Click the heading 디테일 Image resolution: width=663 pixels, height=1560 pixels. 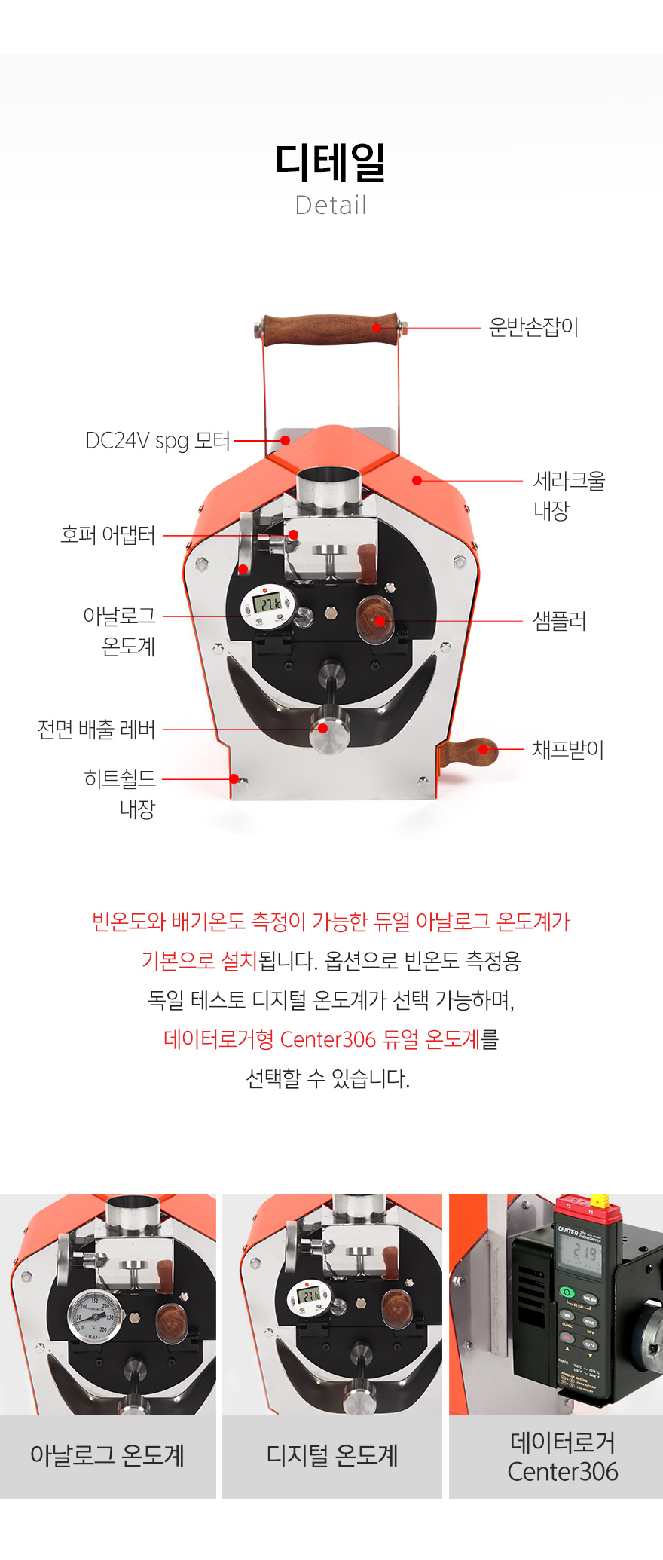click(x=331, y=162)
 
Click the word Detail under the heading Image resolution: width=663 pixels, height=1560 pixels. click(x=331, y=205)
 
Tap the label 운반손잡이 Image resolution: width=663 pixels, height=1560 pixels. click(x=533, y=327)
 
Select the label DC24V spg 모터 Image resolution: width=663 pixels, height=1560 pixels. click(x=157, y=440)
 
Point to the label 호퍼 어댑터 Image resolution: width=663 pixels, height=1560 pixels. click(x=108, y=535)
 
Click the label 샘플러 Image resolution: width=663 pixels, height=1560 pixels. click(x=559, y=621)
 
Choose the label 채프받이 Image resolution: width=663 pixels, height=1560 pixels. click(x=568, y=749)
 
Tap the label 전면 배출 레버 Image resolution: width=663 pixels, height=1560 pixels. click(x=96, y=729)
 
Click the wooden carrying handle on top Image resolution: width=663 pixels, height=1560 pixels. click(x=330, y=329)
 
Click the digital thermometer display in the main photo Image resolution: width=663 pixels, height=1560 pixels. click(x=267, y=603)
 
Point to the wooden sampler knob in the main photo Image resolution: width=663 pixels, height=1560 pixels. click(x=376, y=619)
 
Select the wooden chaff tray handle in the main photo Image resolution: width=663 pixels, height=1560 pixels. click(x=469, y=752)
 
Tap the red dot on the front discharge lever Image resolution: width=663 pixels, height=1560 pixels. click(x=322, y=728)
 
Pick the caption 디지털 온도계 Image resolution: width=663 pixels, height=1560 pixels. click(x=332, y=1455)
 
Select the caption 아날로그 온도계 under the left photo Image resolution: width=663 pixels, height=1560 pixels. click(x=108, y=1455)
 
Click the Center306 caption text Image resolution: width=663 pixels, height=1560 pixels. click(x=563, y=1471)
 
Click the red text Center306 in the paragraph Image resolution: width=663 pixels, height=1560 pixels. click(x=328, y=1039)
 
